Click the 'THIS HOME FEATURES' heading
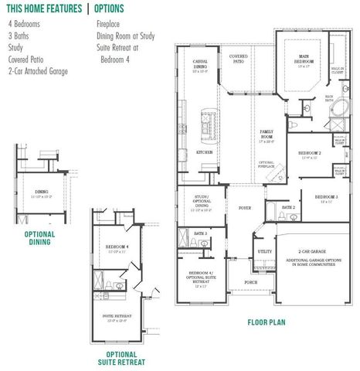(43, 9)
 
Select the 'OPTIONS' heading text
(114, 9)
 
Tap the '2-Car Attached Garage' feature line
(38, 71)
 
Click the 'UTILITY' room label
(264, 251)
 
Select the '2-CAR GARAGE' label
(312, 251)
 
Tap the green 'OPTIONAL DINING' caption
(39, 237)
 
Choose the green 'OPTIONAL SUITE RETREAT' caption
(121, 358)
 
